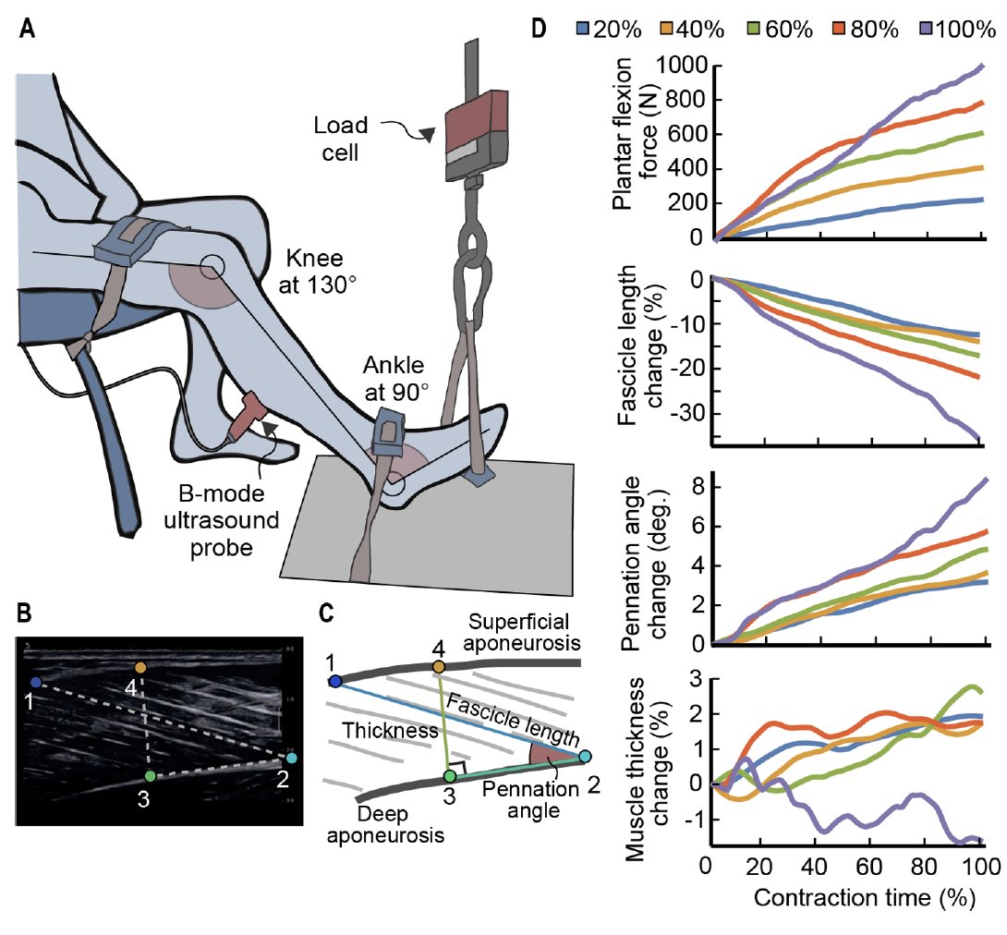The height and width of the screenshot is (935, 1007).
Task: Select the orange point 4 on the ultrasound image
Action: pyautogui.click(x=140, y=667)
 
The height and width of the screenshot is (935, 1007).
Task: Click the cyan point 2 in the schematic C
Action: pyautogui.click(x=585, y=757)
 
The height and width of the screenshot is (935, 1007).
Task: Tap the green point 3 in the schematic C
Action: pyautogui.click(x=449, y=774)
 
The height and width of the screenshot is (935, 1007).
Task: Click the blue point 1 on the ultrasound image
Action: pyautogui.click(x=35, y=682)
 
